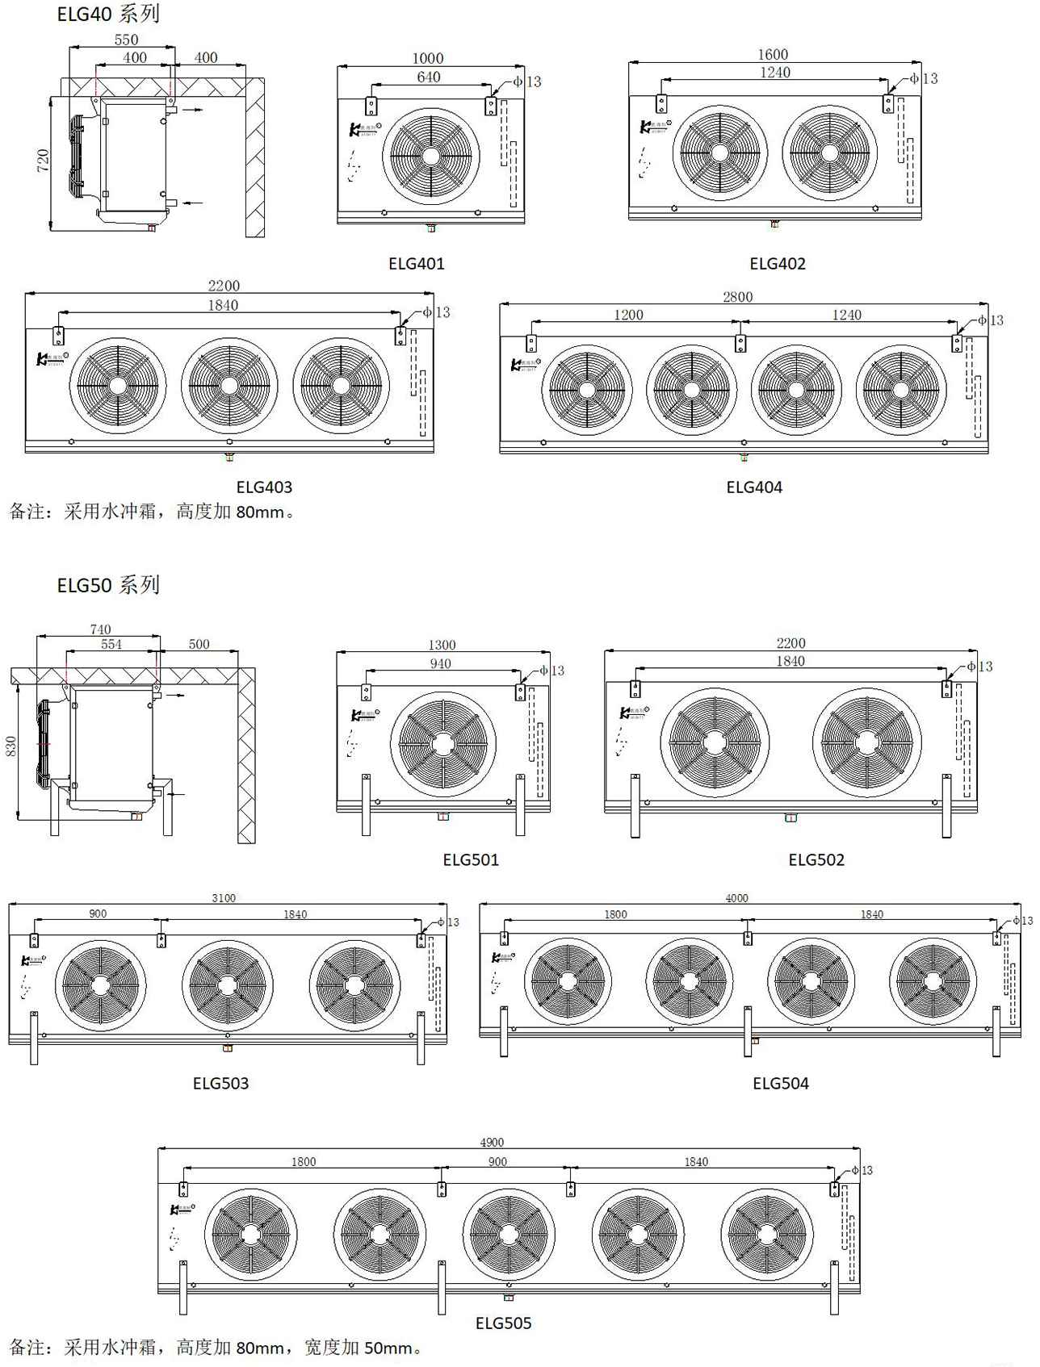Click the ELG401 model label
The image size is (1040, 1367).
click(416, 263)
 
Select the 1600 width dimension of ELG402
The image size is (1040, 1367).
click(773, 54)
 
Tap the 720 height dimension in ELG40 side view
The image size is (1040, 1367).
click(44, 161)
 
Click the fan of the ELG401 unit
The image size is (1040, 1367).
click(431, 155)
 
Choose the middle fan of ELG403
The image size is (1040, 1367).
click(229, 386)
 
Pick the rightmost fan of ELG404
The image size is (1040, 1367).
click(900, 390)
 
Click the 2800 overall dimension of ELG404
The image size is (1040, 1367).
click(737, 297)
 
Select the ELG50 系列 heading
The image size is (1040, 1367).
click(108, 584)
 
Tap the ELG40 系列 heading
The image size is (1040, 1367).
click(108, 14)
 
